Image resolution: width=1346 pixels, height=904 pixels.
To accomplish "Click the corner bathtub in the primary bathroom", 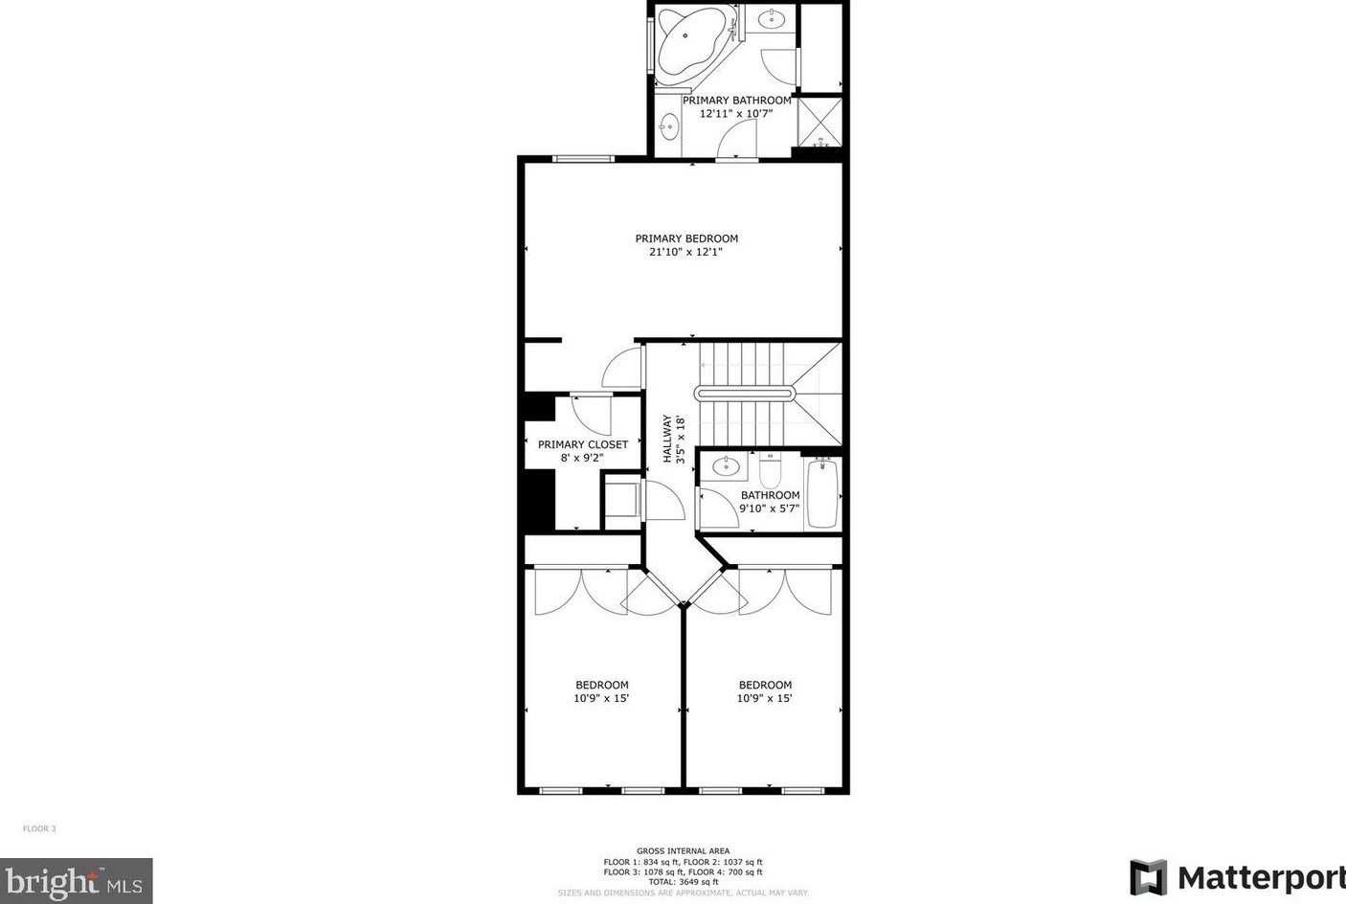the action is coord(692,45).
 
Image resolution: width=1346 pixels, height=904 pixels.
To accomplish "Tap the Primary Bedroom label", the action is coord(686,238).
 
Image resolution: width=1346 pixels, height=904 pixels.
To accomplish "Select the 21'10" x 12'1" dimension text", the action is coord(685,252).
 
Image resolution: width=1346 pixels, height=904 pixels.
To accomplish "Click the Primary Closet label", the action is coord(583,444).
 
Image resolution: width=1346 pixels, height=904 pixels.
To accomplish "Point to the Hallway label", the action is coord(667,439).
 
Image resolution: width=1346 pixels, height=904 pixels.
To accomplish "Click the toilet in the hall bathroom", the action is coord(770,469).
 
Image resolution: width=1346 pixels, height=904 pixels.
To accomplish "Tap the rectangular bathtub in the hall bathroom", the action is coord(822,493).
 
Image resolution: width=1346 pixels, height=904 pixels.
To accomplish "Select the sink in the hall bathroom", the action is coord(726,464).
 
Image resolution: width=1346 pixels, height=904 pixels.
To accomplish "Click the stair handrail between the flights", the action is coord(745,394).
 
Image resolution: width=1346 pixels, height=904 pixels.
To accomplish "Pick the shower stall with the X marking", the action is coord(819,122).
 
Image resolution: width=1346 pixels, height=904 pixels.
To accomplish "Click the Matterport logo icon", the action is coord(1148,877).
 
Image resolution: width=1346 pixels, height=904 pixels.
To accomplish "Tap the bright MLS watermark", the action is coord(77,881).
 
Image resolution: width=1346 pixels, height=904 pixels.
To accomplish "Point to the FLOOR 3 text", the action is coord(39,829).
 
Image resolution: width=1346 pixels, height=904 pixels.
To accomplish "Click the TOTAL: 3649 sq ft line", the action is coord(684,882).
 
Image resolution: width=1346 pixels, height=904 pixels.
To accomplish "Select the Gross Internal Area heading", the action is coord(684,851).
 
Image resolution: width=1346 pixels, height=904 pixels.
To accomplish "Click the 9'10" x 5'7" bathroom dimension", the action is coord(769,508).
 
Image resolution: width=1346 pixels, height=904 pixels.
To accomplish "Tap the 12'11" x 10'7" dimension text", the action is coord(736,114).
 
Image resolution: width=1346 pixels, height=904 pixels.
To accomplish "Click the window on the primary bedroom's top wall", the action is coord(583,159).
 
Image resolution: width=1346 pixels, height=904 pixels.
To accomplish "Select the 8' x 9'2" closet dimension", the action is coord(582,458).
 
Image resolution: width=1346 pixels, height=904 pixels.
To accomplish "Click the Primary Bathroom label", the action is coord(737,101).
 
